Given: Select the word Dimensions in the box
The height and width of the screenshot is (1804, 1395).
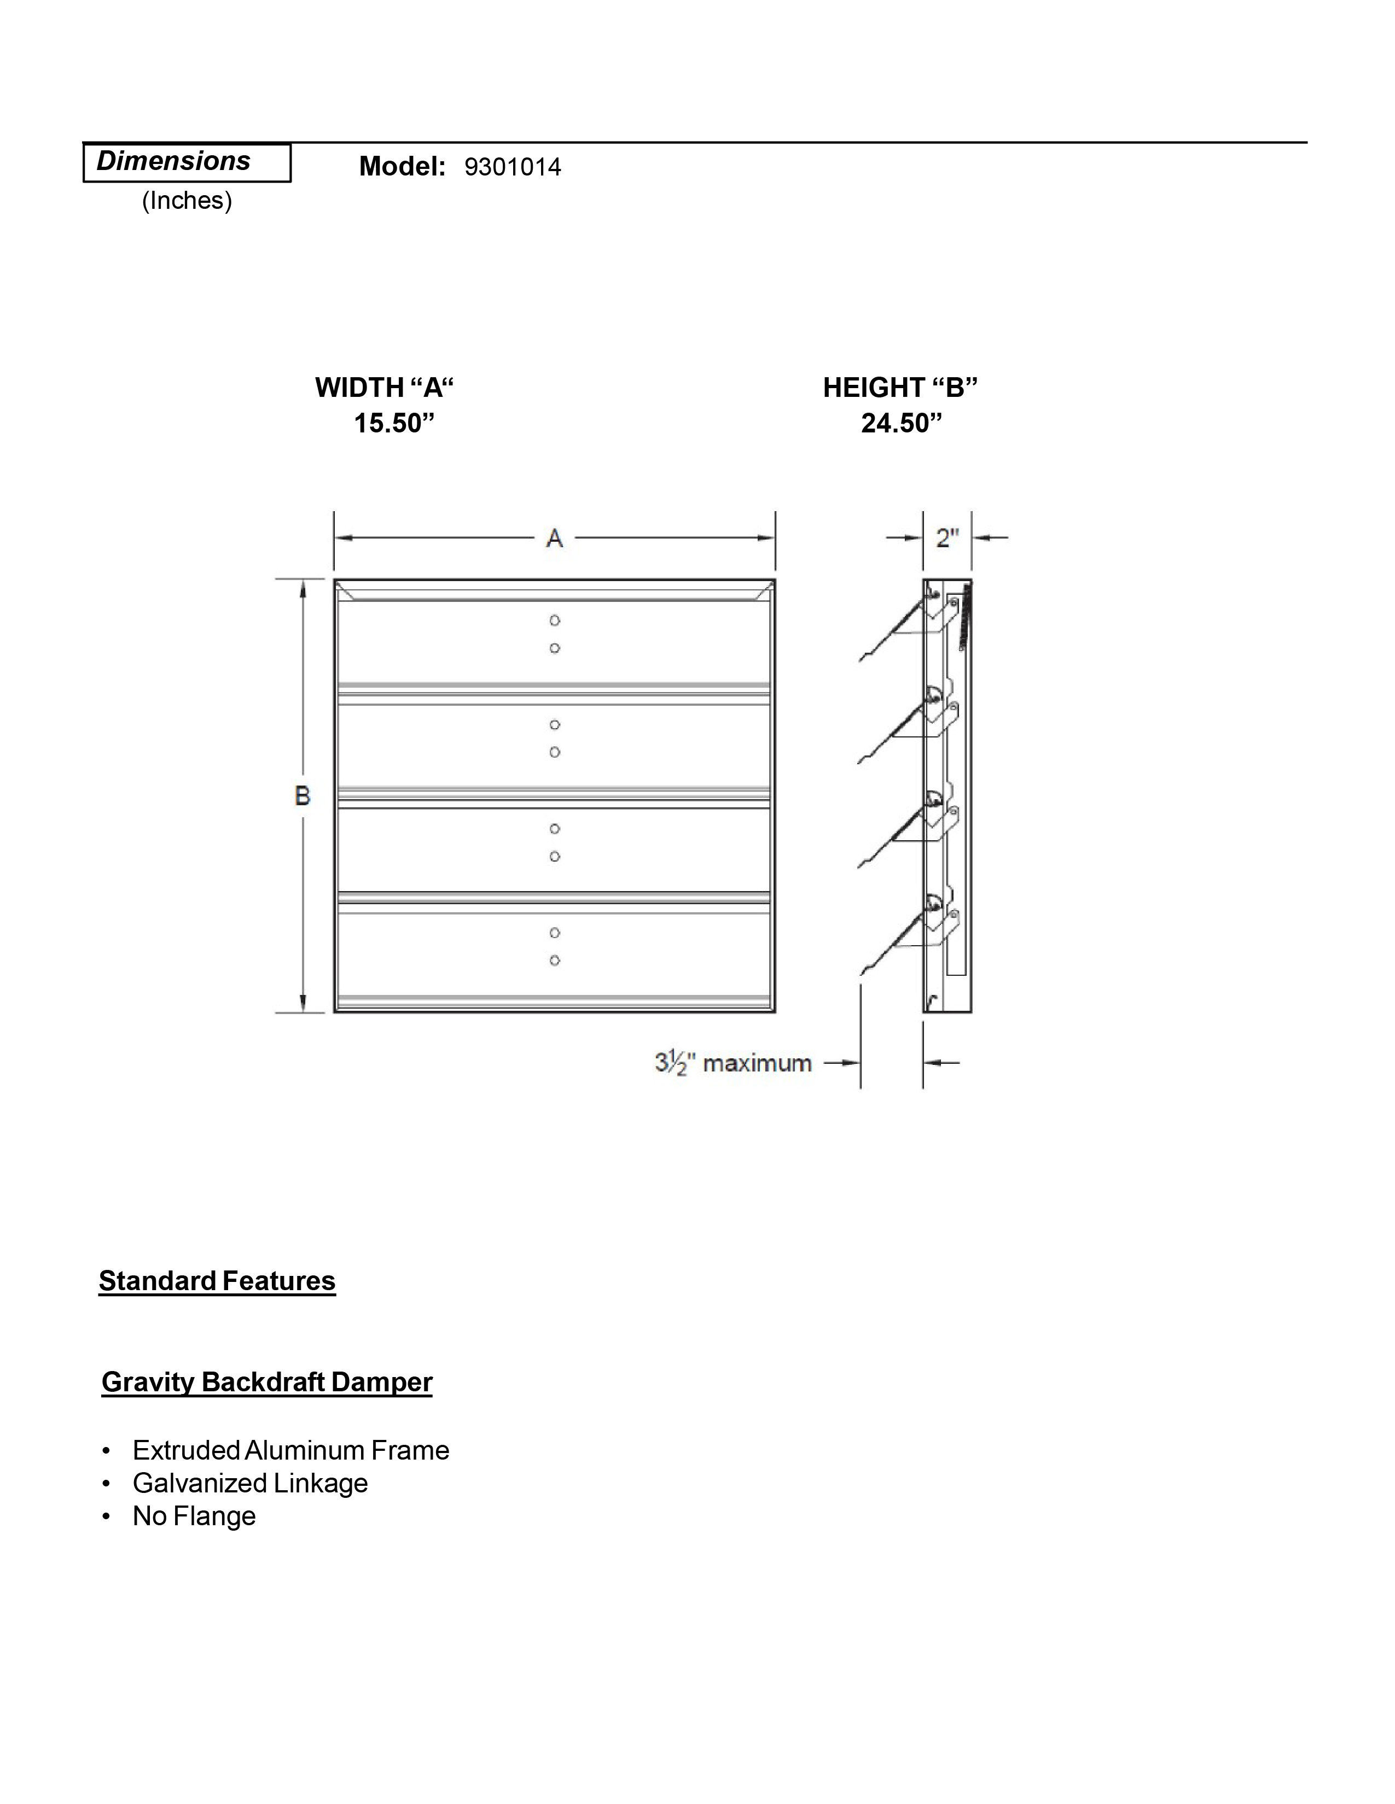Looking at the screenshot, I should [x=173, y=161].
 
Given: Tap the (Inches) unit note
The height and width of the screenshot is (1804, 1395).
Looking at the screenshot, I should [x=187, y=201].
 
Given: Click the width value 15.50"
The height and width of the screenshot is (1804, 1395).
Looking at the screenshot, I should [x=393, y=423].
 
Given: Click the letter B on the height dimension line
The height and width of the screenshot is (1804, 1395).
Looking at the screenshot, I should [x=303, y=795].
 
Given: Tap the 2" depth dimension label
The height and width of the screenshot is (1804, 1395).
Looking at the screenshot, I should [x=947, y=538].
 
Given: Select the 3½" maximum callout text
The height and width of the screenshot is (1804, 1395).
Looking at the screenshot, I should [x=733, y=1063].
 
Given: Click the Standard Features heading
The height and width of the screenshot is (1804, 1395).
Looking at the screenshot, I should [x=217, y=1281].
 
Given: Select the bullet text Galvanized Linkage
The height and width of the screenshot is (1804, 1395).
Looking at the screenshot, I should [x=249, y=1484].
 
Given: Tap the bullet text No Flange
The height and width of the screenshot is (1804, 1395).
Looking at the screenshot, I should [x=194, y=1516].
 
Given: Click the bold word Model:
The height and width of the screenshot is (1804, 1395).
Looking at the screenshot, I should [x=403, y=167].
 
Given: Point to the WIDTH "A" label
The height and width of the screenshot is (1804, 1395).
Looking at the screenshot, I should [x=384, y=388].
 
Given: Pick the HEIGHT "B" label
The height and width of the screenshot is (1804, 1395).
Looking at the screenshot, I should [x=900, y=388].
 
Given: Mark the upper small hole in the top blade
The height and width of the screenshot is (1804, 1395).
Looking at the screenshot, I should [x=555, y=620].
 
